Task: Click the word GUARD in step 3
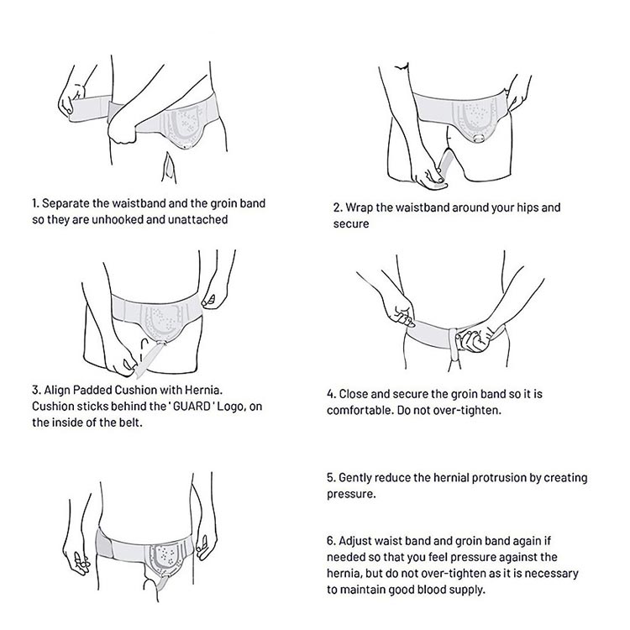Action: click(192, 407)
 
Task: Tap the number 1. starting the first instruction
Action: click(36, 203)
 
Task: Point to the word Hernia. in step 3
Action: click(203, 390)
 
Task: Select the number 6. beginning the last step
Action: click(331, 541)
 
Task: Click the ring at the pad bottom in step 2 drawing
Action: click(479, 139)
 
